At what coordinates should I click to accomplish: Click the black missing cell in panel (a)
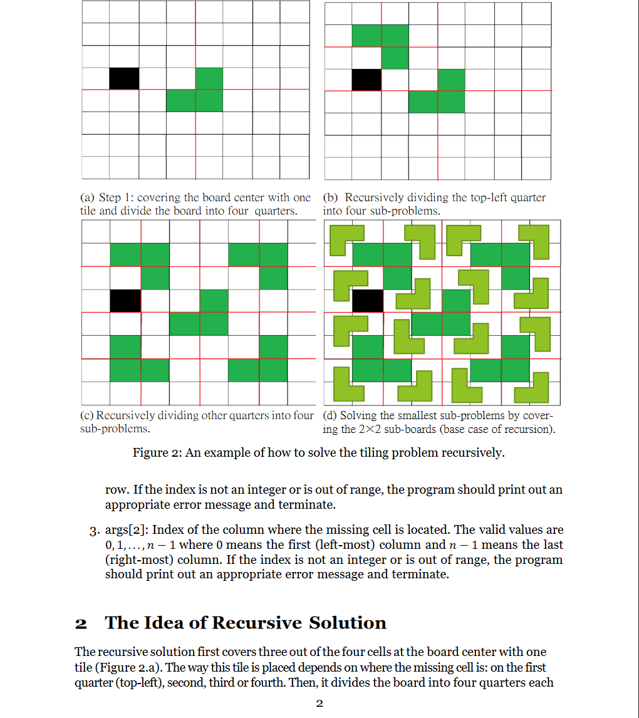click(124, 78)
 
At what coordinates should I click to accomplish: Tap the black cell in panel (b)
click(366, 80)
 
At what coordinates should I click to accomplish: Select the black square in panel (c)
click(125, 301)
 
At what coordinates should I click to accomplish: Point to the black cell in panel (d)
click(367, 301)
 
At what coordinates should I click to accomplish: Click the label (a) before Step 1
click(88, 198)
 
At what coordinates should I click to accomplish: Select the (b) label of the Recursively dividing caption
click(331, 198)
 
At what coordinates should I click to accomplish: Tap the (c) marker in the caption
click(88, 415)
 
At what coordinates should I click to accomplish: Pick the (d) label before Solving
click(331, 415)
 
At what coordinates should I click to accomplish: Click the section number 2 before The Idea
click(81, 623)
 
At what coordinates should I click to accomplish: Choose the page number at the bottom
click(319, 704)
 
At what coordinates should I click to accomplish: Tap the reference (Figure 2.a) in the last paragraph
click(122, 667)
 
